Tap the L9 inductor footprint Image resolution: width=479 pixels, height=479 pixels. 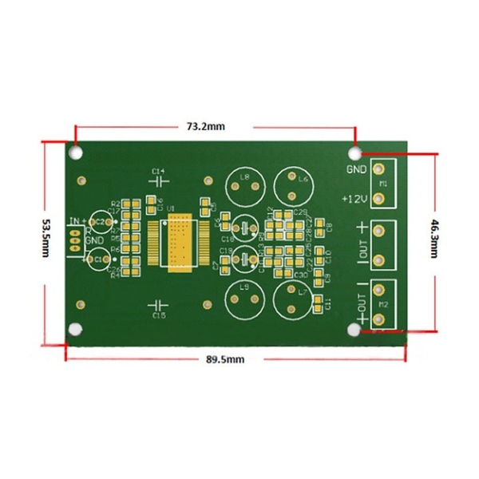click(x=244, y=302)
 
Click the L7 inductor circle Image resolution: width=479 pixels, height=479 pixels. click(x=292, y=302)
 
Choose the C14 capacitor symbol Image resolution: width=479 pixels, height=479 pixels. click(x=157, y=180)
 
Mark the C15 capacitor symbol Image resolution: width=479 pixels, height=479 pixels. click(x=158, y=306)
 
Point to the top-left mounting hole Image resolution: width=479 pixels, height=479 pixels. click(x=76, y=152)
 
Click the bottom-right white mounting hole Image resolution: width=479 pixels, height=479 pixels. click(x=354, y=330)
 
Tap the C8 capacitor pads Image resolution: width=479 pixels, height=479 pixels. click(x=321, y=228)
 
